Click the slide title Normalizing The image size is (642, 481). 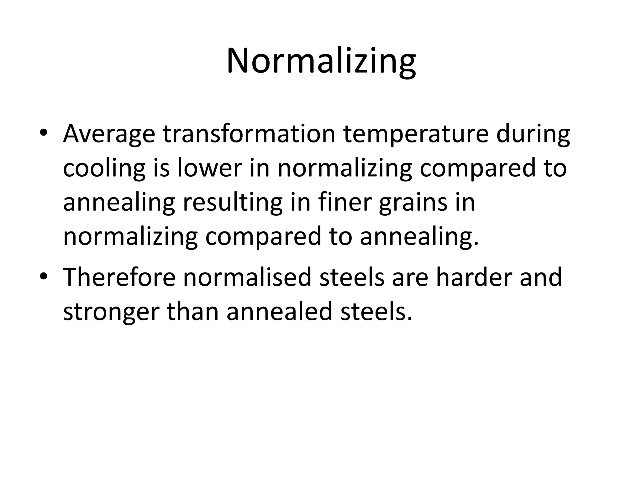click(321, 61)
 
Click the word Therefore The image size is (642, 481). click(119, 277)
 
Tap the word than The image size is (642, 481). click(192, 312)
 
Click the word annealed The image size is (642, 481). click(279, 312)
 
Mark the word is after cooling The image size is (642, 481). click(161, 168)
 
